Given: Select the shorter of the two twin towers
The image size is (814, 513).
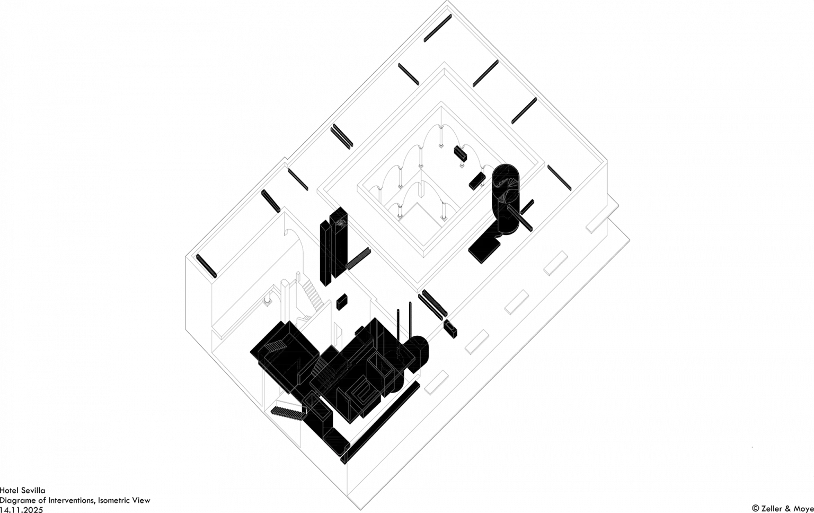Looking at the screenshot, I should [x=325, y=255].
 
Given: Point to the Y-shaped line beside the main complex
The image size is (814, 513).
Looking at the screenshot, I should [x=422, y=350].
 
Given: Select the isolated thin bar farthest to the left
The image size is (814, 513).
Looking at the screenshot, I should [x=206, y=266].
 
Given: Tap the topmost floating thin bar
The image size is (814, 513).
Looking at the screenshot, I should [x=437, y=28].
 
